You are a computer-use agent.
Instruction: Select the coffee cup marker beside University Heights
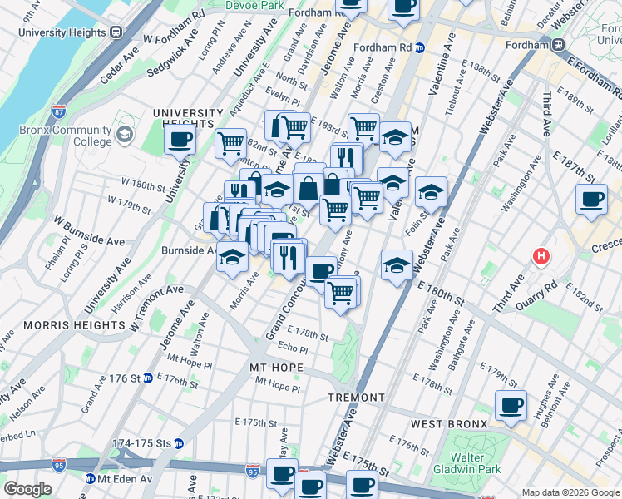[x=180, y=141]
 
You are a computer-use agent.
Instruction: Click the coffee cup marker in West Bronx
[x=511, y=406]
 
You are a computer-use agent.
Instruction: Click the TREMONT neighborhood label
[x=356, y=398]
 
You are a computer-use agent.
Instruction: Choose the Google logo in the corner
[x=28, y=489]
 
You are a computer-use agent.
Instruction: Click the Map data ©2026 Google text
[x=570, y=492]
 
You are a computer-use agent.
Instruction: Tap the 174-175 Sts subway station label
[x=139, y=443]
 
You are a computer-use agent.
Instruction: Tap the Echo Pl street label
[x=293, y=348]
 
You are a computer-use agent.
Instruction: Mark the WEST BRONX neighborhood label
[x=449, y=424]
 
